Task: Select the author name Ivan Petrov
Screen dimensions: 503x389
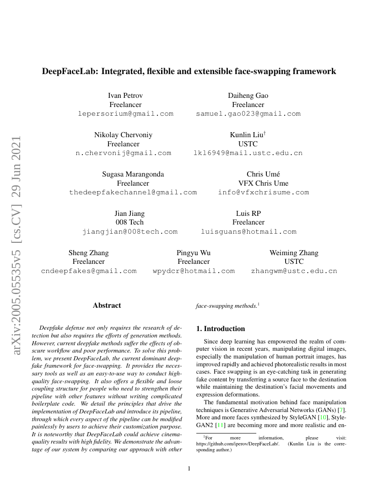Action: (x=125, y=96)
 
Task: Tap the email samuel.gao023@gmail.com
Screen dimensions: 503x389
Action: (x=248, y=114)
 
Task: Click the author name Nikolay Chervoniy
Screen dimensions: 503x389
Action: (x=123, y=135)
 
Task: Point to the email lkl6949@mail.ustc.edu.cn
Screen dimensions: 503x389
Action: (x=248, y=153)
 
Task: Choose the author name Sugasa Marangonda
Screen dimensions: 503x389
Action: (x=133, y=174)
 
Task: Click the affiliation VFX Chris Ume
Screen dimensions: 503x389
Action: (x=263, y=183)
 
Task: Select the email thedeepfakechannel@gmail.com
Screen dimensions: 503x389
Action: (x=133, y=193)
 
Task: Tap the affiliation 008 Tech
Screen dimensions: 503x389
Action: (x=130, y=223)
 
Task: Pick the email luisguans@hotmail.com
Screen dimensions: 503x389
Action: (x=249, y=232)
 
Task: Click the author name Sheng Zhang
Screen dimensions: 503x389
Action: (x=89, y=253)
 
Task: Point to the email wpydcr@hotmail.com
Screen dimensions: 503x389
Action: (x=194, y=271)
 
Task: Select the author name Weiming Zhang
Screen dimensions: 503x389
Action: (x=294, y=253)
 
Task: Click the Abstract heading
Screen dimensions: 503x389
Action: (x=107, y=305)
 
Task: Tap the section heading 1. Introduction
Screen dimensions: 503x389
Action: (x=221, y=329)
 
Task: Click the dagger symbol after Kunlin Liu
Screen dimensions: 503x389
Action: (x=265, y=133)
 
